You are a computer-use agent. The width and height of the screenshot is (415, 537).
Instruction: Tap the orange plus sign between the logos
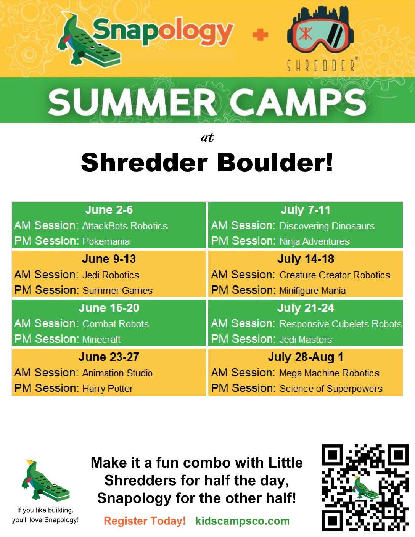pyautogui.click(x=260, y=35)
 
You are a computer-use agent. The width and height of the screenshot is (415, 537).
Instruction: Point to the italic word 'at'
pyautogui.click(x=207, y=137)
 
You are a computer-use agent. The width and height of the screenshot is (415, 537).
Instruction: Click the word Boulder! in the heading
pyautogui.click(x=275, y=162)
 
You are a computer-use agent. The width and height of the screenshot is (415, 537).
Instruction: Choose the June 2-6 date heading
pyautogui.click(x=109, y=210)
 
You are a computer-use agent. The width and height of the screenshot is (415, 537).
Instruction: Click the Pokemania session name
pyautogui.click(x=106, y=241)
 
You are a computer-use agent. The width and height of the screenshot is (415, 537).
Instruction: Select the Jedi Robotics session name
pyautogui.click(x=111, y=275)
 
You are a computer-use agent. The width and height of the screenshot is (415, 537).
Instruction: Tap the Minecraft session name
pyautogui.click(x=101, y=339)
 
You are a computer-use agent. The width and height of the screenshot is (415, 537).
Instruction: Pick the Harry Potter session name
pyautogui.click(x=108, y=389)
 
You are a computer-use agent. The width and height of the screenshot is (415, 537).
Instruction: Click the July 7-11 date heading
pyautogui.click(x=305, y=210)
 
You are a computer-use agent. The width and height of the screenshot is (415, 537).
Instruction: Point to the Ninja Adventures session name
pyautogui.click(x=314, y=241)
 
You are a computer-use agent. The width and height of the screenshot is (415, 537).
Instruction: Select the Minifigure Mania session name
pyautogui.click(x=312, y=290)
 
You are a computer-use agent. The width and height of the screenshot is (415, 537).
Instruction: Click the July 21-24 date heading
pyautogui.click(x=306, y=308)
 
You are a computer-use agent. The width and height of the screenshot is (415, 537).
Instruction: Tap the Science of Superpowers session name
pyautogui.click(x=331, y=389)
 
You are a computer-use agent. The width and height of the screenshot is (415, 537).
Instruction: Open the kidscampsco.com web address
pyautogui.click(x=242, y=521)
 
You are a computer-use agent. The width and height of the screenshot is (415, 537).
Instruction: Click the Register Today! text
pyautogui.click(x=145, y=521)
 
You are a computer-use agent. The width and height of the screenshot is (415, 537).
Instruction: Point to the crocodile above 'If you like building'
pyautogui.click(x=45, y=480)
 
